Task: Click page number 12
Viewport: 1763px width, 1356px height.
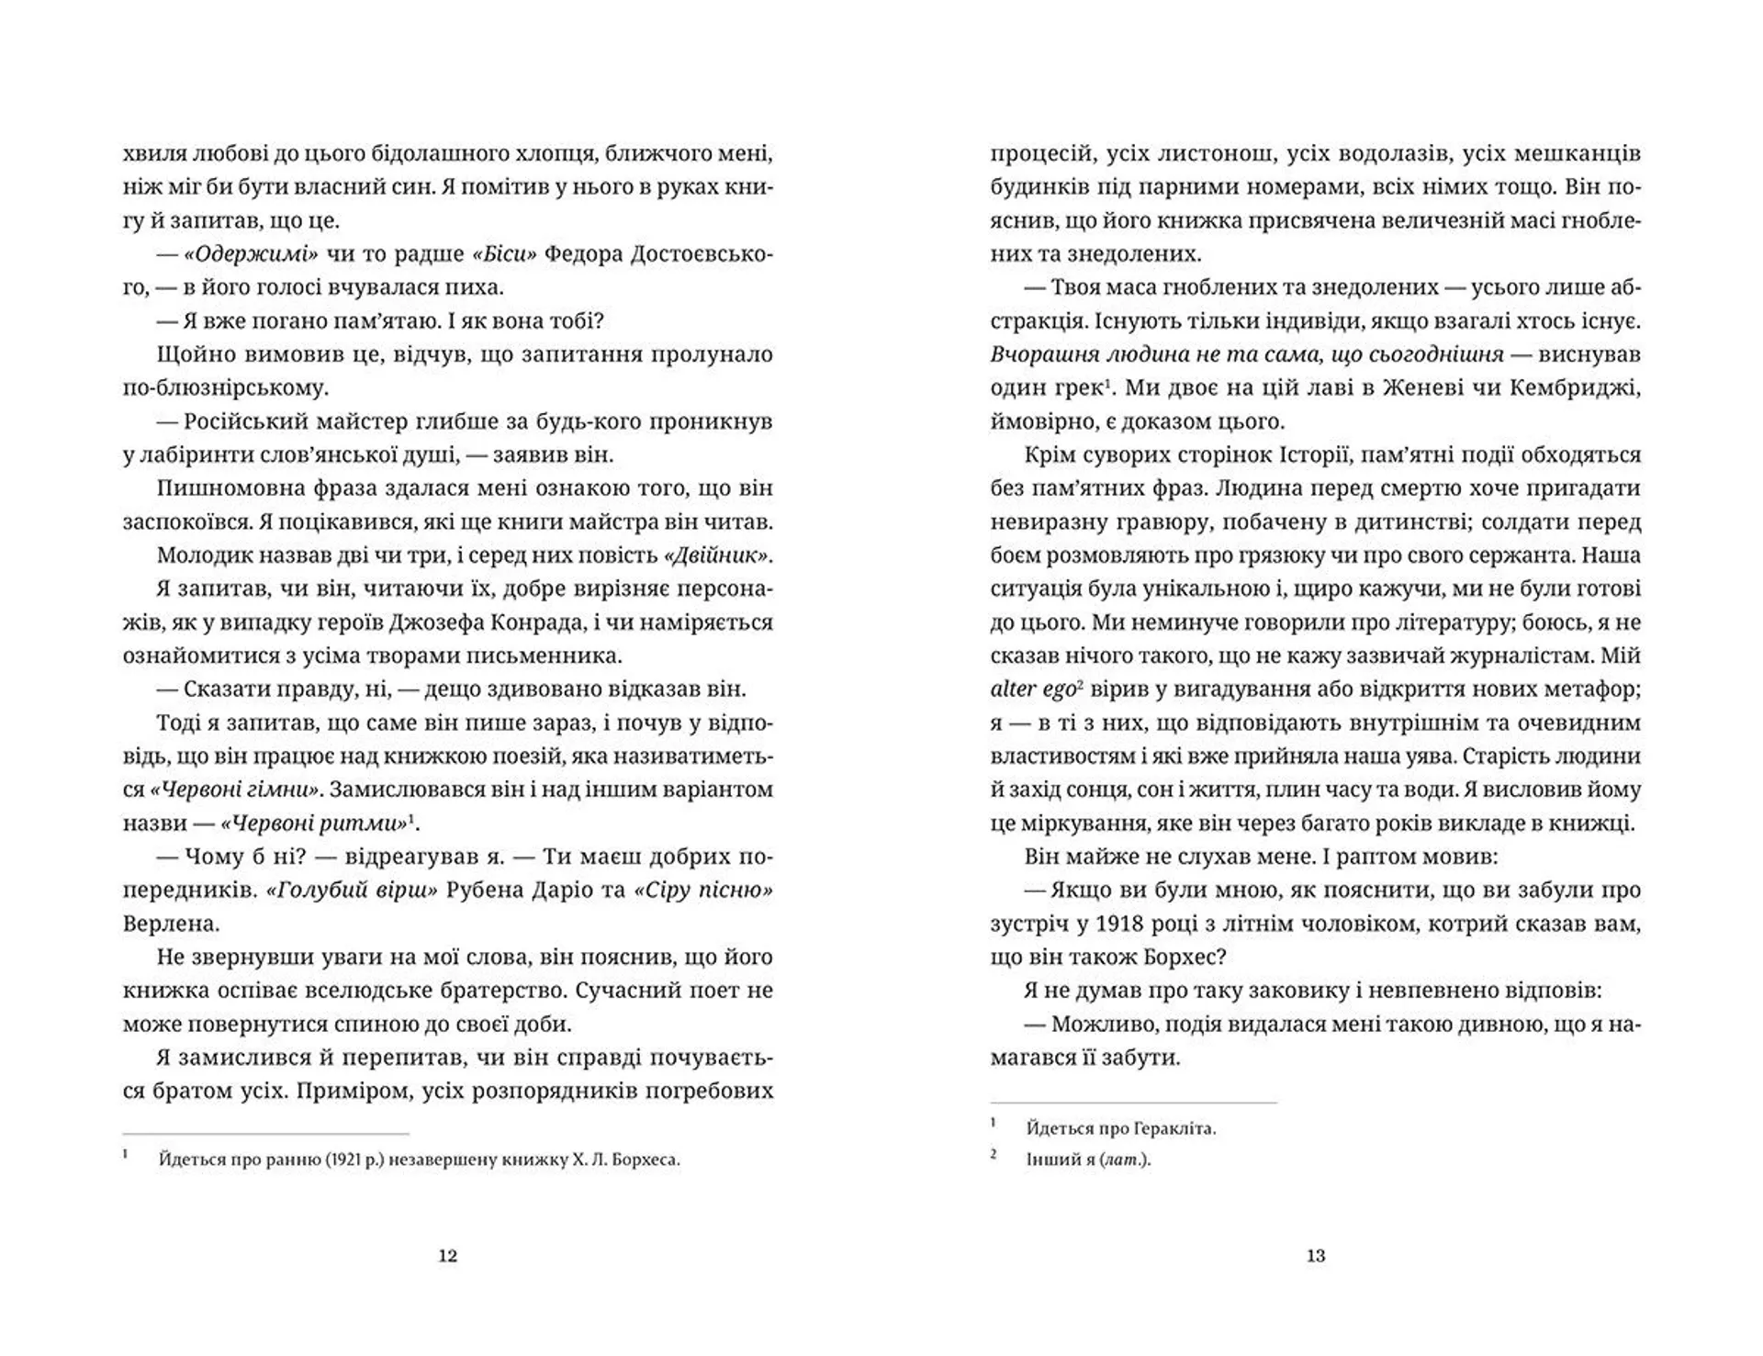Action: (447, 1256)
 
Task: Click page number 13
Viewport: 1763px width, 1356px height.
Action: (1315, 1256)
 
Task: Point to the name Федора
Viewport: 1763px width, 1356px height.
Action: (585, 254)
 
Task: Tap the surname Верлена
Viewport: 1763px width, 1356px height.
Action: (171, 923)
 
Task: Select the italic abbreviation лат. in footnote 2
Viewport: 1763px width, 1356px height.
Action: (1124, 1160)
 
